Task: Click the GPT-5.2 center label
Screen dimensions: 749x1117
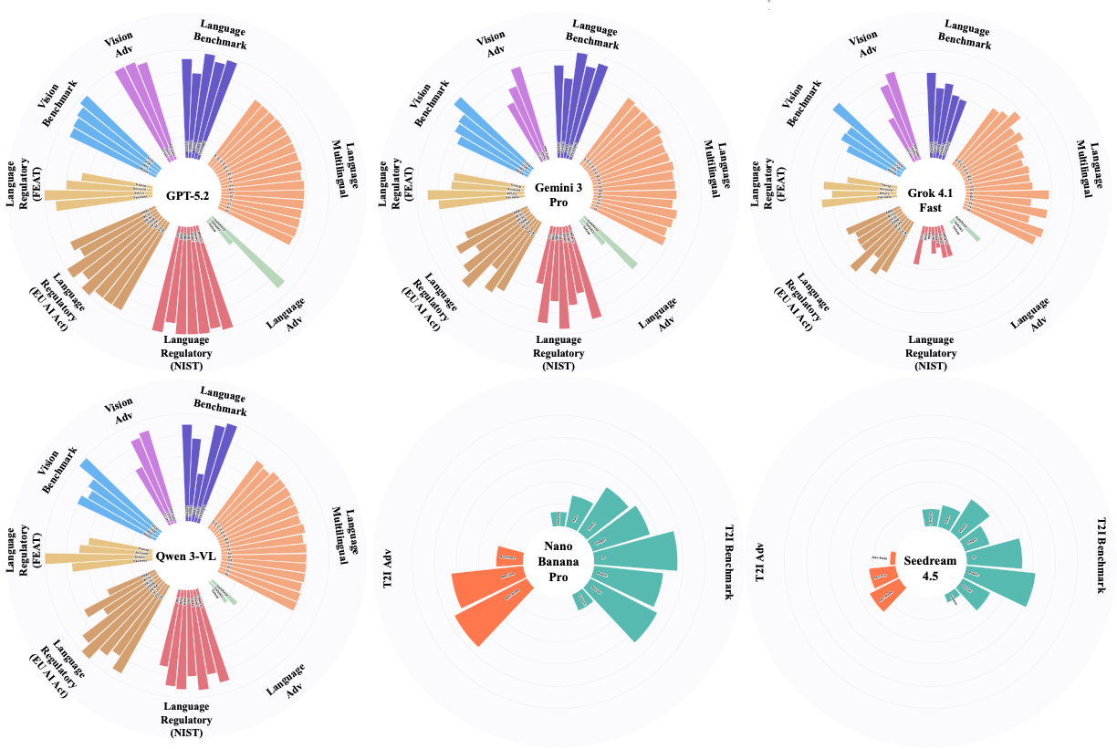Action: pyautogui.click(x=186, y=194)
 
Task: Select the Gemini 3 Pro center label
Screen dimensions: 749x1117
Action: pyautogui.click(x=558, y=194)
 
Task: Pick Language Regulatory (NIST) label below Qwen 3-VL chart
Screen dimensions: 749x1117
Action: pyautogui.click(x=186, y=719)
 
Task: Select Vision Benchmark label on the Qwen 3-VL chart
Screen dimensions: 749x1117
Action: pyautogui.click(x=59, y=470)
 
